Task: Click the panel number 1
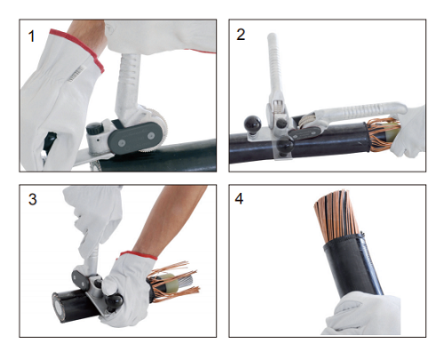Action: [x=31, y=36]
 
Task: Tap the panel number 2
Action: [x=241, y=35]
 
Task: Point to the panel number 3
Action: [x=33, y=199]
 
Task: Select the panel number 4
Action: [x=239, y=198]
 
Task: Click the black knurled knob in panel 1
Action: [x=94, y=129]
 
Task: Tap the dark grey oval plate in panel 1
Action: [x=136, y=138]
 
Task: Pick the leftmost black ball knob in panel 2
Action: [x=252, y=124]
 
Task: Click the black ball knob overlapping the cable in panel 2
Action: [x=285, y=147]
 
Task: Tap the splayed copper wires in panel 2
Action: [x=380, y=133]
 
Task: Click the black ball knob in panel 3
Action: [x=115, y=301]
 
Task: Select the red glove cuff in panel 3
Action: [x=139, y=255]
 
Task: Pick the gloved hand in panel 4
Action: [x=361, y=314]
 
